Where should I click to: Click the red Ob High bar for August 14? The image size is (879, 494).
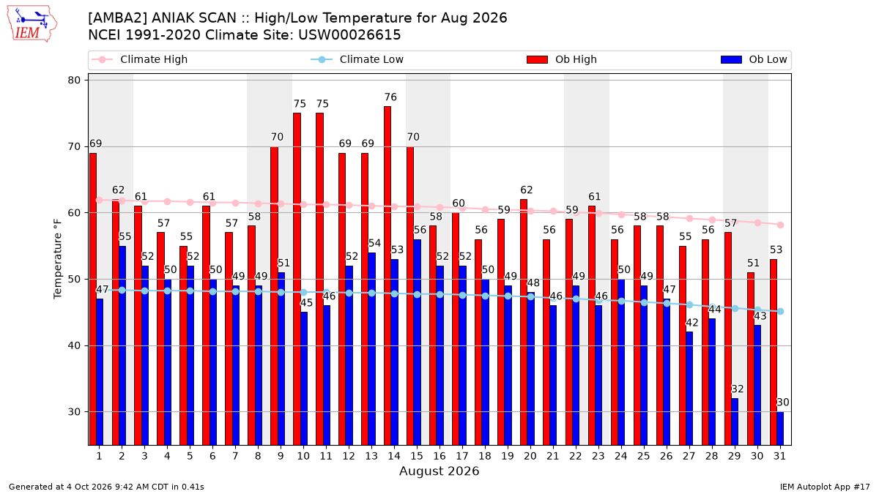(x=387, y=276)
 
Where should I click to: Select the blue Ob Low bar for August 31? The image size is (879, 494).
(x=779, y=429)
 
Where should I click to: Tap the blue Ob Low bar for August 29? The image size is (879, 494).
(x=734, y=422)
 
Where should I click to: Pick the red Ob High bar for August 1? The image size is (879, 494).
(x=92, y=299)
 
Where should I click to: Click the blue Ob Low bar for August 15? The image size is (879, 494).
(x=417, y=343)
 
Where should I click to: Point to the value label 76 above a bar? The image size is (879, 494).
(x=390, y=97)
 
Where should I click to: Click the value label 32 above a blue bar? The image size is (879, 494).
(x=738, y=389)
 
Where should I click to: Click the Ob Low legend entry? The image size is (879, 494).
(x=754, y=59)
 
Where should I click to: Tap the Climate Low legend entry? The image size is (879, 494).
(x=357, y=59)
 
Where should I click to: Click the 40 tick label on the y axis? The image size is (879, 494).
(x=74, y=345)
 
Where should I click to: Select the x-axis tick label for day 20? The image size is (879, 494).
(x=530, y=457)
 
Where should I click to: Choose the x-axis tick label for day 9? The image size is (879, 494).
(x=281, y=457)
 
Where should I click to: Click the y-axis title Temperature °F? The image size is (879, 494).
(x=57, y=259)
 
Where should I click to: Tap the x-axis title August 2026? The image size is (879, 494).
(x=439, y=471)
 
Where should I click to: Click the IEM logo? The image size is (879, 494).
(x=31, y=24)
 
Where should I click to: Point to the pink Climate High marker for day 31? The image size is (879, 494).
(x=781, y=225)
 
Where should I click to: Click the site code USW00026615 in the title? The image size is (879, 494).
(x=349, y=35)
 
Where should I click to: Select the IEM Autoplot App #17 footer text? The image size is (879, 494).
(x=825, y=487)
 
